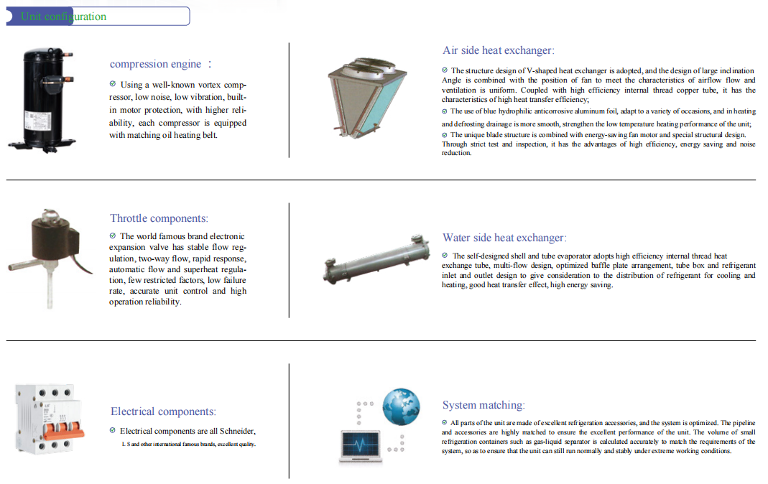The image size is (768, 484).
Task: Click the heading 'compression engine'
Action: pos(155,64)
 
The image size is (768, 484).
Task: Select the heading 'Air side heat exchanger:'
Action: pos(499,50)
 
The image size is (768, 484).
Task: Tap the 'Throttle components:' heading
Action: pos(159,218)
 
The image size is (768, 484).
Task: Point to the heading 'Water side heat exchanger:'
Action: pos(504,238)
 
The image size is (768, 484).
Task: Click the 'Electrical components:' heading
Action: pos(163,411)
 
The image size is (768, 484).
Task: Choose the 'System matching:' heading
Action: pos(484,405)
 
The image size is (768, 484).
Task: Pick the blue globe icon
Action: pos(400,406)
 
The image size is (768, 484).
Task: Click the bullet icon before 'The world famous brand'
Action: pos(113,236)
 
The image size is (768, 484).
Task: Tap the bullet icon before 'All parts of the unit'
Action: pos(445,423)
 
